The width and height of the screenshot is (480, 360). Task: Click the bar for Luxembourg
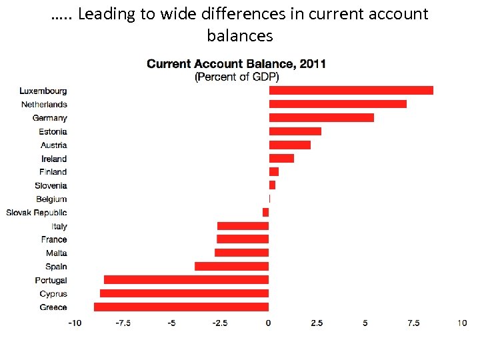[351, 91]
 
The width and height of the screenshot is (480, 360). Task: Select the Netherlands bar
[337, 104]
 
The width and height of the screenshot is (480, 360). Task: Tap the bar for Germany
[321, 118]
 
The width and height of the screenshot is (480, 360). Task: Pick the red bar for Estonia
[295, 131]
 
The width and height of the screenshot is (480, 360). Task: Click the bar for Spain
[231, 266]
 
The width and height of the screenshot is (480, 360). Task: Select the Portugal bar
[186, 280]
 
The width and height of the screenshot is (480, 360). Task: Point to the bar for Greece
[181, 307]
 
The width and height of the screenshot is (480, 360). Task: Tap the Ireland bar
[281, 158]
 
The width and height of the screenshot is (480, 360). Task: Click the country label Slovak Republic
[37, 213]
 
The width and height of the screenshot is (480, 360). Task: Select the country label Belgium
[51, 199]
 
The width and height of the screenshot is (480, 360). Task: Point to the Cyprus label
[53, 293]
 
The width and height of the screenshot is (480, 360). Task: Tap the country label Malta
[56, 253]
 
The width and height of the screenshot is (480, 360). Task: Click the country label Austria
[53, 145]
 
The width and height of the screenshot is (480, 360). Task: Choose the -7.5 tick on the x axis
[123, 323]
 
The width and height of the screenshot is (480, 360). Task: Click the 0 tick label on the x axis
[268, 323]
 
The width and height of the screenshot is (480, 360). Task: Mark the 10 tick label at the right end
[461, 323]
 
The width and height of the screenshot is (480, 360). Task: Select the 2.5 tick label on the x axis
[317, 323]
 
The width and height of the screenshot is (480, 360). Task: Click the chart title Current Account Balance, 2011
[236, 64]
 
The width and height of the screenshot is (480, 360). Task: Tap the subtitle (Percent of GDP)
[236, 77]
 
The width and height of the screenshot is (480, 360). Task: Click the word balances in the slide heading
[240, 35]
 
